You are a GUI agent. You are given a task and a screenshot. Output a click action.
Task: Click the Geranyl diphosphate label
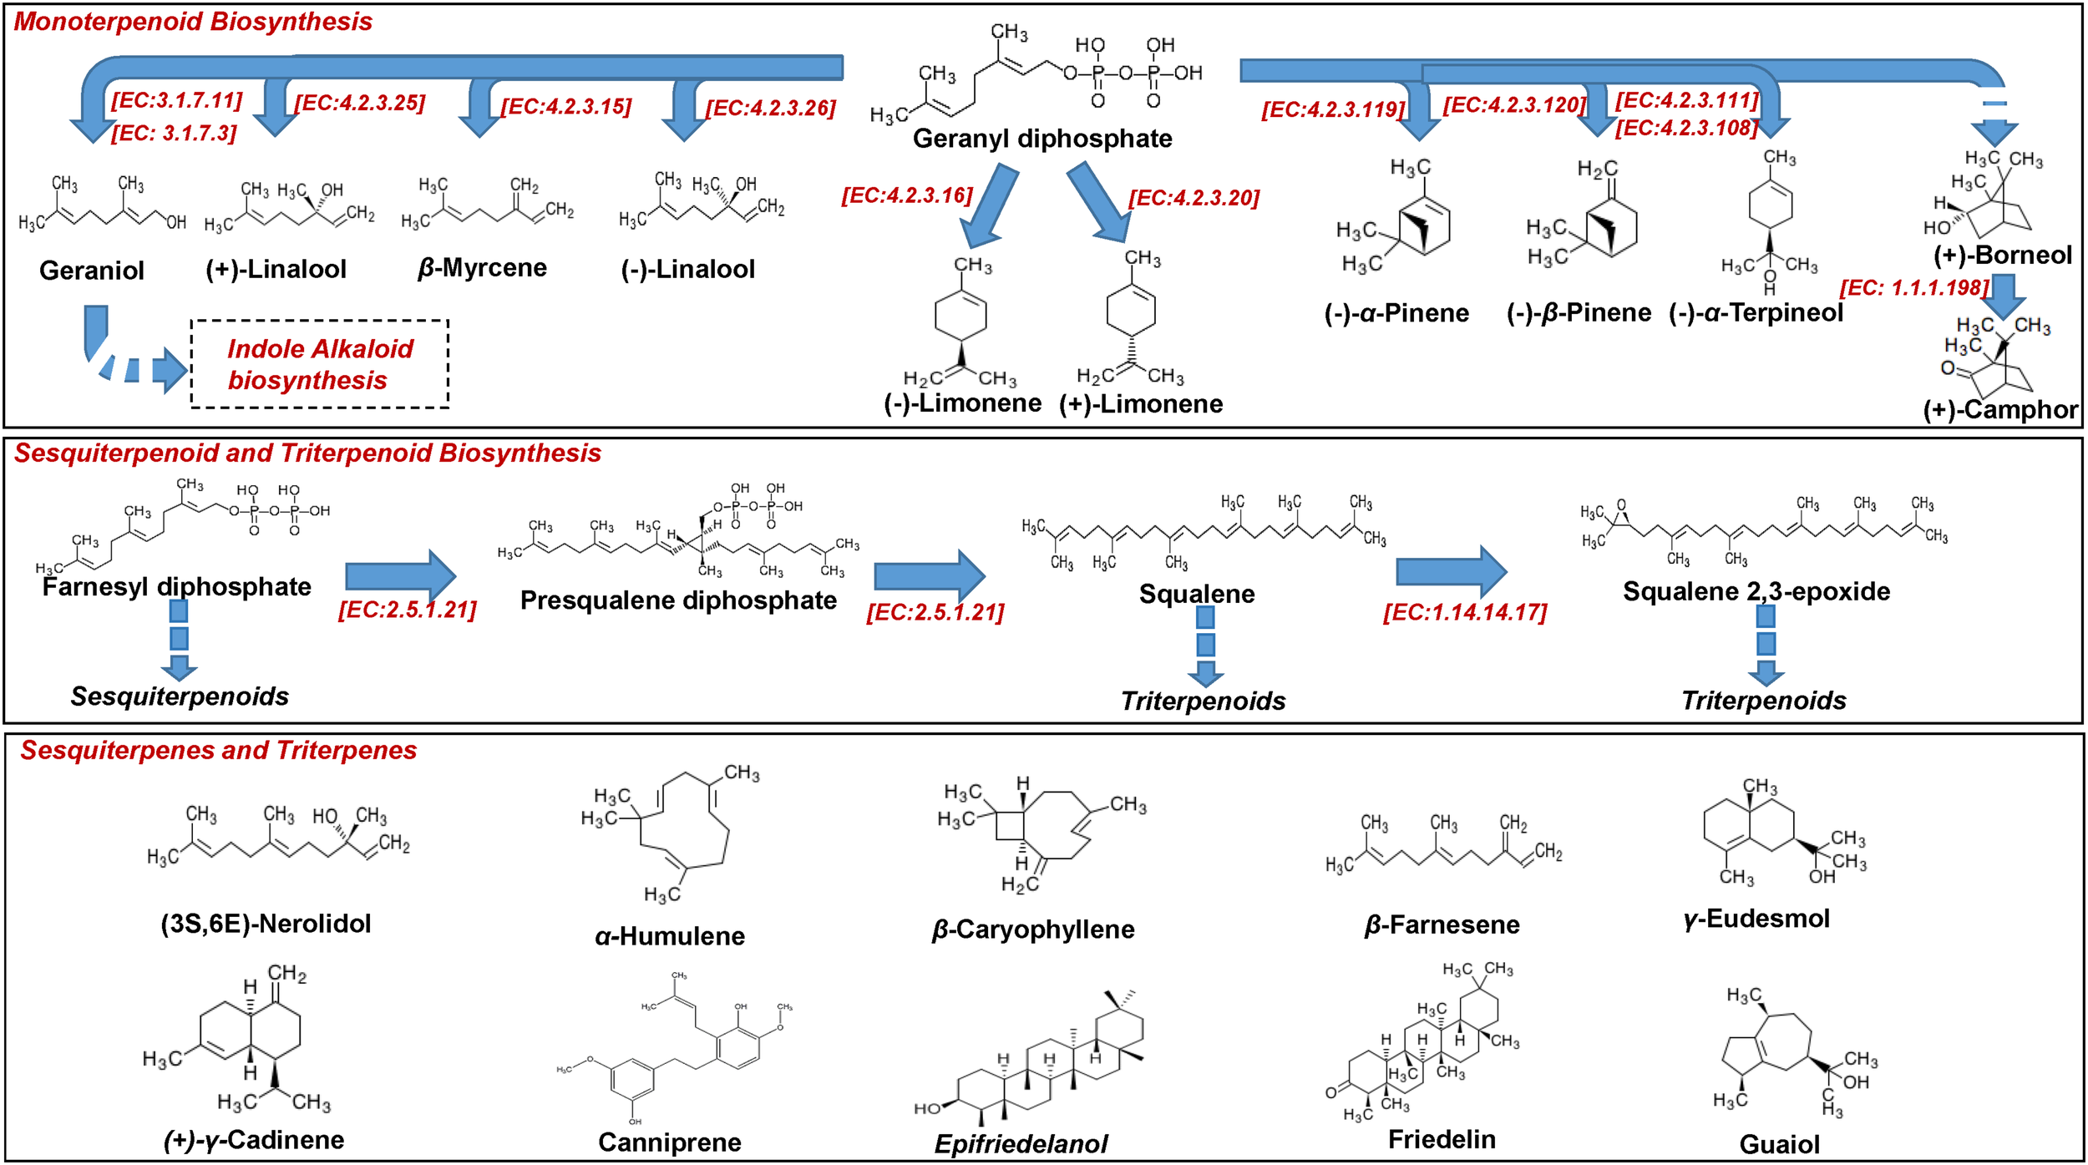pos(1041,139)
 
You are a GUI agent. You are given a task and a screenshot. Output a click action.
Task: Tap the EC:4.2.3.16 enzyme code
pos(907,195)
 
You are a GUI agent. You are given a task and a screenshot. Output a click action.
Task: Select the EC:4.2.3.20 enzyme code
pos(1194,199)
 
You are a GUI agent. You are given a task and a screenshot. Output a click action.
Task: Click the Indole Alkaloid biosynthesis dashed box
pos(320,364)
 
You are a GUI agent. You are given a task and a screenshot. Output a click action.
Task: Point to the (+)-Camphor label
pos(1999,410)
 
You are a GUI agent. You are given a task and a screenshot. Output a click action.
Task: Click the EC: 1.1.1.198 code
pos(1914,288)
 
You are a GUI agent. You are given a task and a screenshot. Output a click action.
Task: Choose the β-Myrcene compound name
pos(482,268)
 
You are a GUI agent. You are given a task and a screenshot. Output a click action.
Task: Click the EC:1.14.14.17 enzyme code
pos(1465,613)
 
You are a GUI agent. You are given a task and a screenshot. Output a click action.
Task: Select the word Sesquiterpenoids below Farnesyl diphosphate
pos(180,696)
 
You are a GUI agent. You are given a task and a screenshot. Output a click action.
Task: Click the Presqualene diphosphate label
pos(678,600)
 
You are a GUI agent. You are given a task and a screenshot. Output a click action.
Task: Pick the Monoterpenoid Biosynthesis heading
pos(193,22)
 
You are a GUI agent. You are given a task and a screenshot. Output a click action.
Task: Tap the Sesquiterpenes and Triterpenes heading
pos(219,751)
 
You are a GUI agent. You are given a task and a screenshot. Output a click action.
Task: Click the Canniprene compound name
pos(669,1142)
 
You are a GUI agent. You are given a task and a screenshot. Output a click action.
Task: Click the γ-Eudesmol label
pos(1756,919)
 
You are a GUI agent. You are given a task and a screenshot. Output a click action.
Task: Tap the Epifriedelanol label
pos(1021,1144)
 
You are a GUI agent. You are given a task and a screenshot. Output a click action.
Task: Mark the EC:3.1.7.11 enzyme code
pos(176,101)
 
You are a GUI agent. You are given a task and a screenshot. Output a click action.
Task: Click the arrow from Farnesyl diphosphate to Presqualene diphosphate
pos(400,575)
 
